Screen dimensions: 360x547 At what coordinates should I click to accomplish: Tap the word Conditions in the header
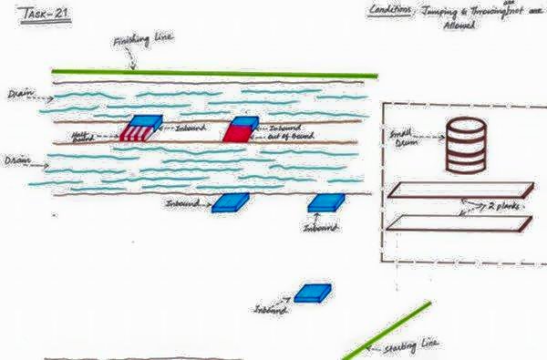pyautogui.click(x=390, y=10)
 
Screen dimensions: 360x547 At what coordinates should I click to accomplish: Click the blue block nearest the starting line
pyautogui.click(x=313, y=293)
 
